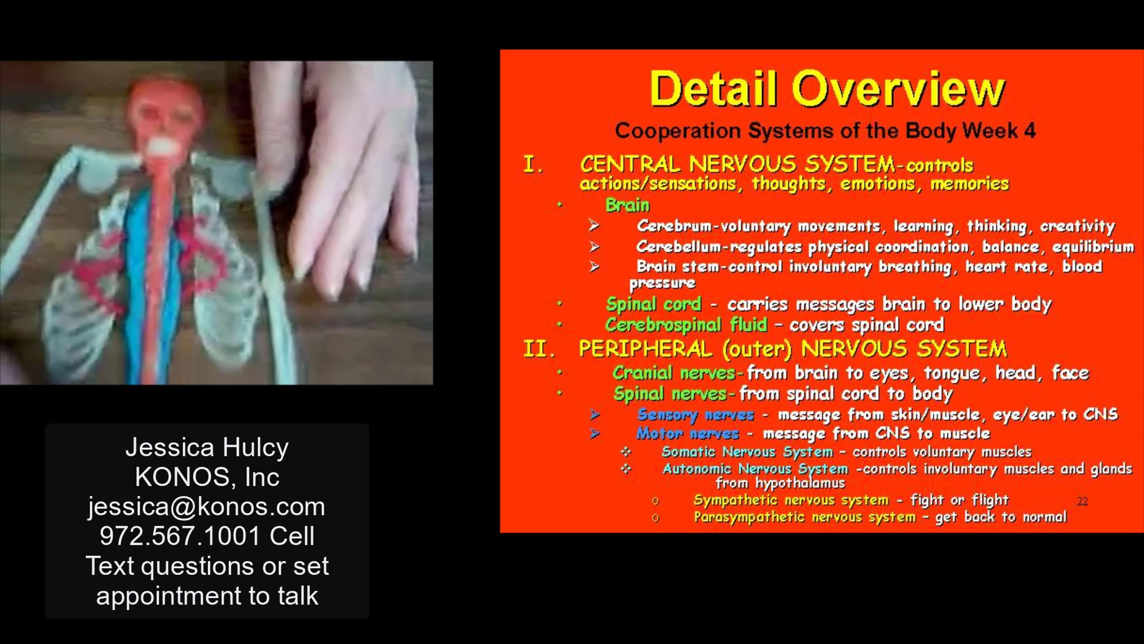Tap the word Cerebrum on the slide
click(674, 226)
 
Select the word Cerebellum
click(679, 247)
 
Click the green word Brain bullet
click(627, 205)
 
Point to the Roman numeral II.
click(539, 349)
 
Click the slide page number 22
click(1083, 501)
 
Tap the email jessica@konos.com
click(206, 506)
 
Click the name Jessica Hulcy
click(207, 448)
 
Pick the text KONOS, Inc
click(207, 477)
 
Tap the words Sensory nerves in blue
click(695, 415)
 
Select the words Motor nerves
click(687, 433)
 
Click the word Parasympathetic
click(749, 517)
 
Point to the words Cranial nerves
click(674, 373)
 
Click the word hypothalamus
click(800, 483)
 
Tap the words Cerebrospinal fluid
click(686, 325)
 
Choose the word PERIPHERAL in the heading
click(645, 349)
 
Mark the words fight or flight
click(960, 500)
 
